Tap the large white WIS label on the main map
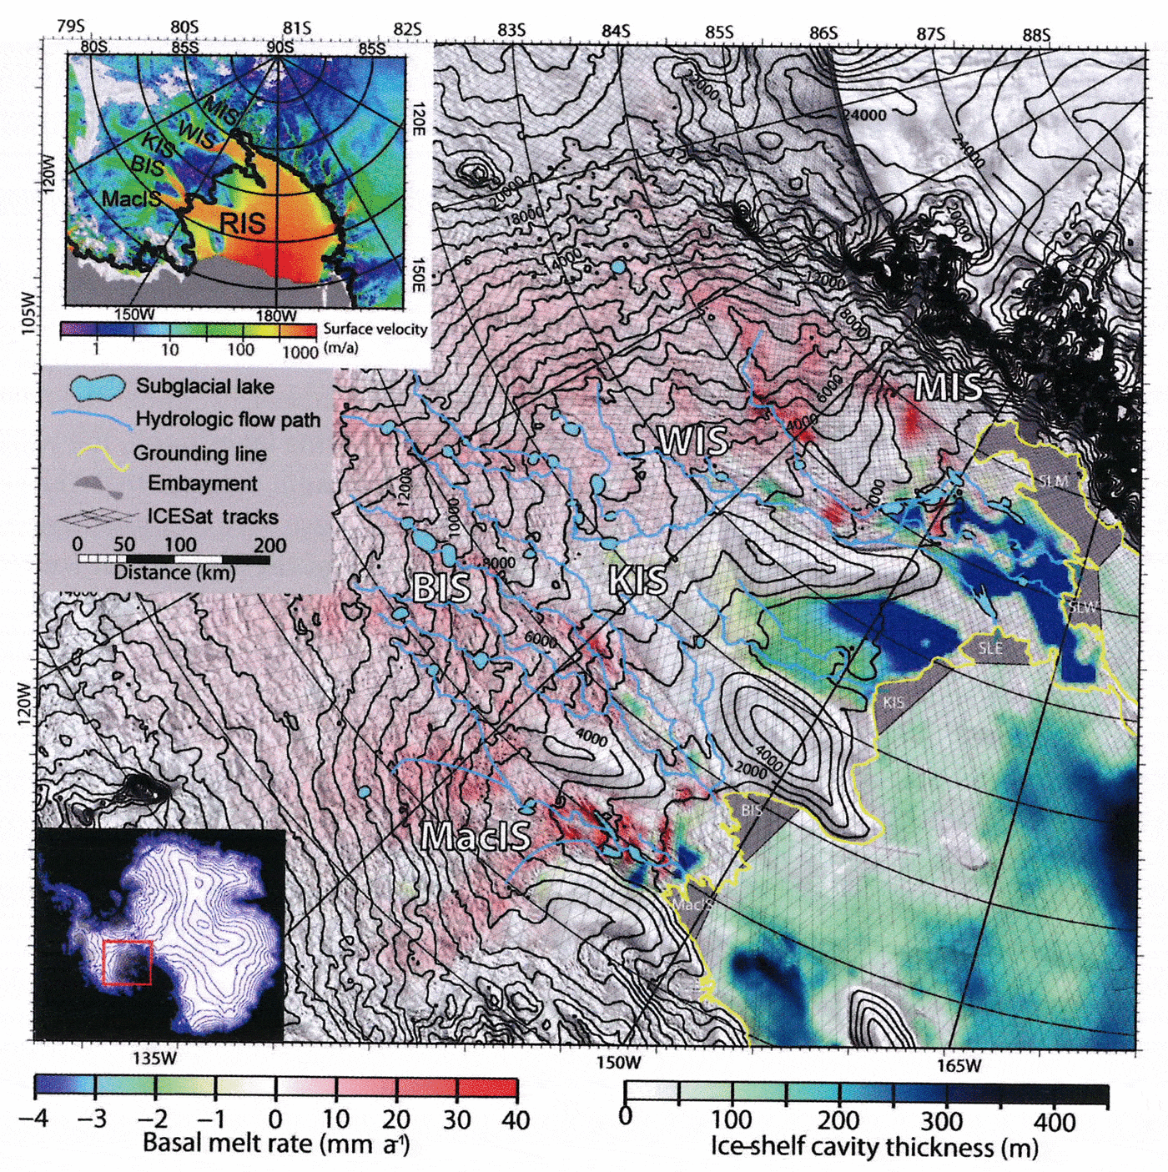pyautogui.click(x=692, y=440)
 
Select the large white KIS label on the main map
pyautogui.click(x=638, y=580)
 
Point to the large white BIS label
pyautogui.click(x=441, y=588)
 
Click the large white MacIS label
pyautogui.click(x=476, y=835)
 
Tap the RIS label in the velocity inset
pyautogui.click(x=242, y=224)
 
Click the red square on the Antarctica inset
pyautogui.click(x=127, y=963)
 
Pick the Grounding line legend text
pyautogui.click(x=199, y=454)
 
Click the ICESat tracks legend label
pyautogui.click(x=213, y=516)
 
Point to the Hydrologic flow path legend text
pyautogui.click(x=228, y=420)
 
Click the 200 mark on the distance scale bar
pyautogui.click(x=269, y=546)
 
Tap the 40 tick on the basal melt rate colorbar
pyautogui.click(x=515, y=1119)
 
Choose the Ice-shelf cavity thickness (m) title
pyautogui.click(x=873, y=1148)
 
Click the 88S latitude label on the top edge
pyautogui.click(x=1036, y=35)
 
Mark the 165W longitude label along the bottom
pyautogui.click(x=959, y=1065)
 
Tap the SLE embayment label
pyautogui.click(x=990, y=649)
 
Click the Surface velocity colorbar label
pyautogui.click(x=375, y=329)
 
